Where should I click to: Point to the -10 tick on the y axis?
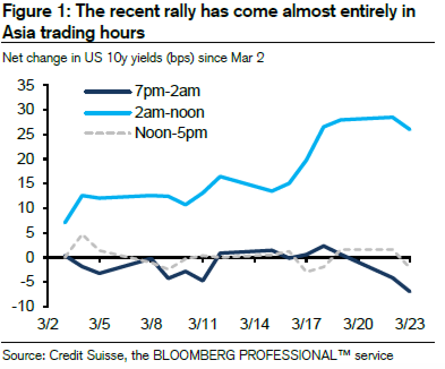click(24, 306)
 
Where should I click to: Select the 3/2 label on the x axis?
click(47, 325)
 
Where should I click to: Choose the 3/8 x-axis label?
click(151, 325)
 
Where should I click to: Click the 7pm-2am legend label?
click(168, 91)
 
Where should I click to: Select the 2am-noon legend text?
click(169, 112)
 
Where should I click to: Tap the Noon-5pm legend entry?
click(171, 134)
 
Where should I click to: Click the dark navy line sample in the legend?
click(106, 91)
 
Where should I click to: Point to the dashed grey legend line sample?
click(106, 134)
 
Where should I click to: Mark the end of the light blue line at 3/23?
click(410, 130)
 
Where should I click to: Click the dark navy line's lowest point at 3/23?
click(410, 291)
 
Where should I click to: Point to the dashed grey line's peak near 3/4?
click(82, 235)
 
